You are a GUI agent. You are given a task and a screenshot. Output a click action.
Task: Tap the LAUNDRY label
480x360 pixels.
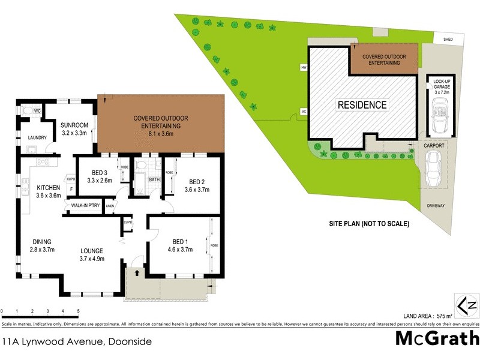click(x=37, y=138)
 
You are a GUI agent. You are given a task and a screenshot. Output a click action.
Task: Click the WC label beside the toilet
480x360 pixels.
click(x=37, y=111)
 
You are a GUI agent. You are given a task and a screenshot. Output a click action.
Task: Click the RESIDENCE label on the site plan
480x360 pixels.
click(x=362, y=104)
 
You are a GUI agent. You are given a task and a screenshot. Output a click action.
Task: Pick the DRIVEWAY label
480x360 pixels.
click(x=436, y=205)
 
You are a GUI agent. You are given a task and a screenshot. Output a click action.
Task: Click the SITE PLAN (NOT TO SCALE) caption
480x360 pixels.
click(x=368, y=224)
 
